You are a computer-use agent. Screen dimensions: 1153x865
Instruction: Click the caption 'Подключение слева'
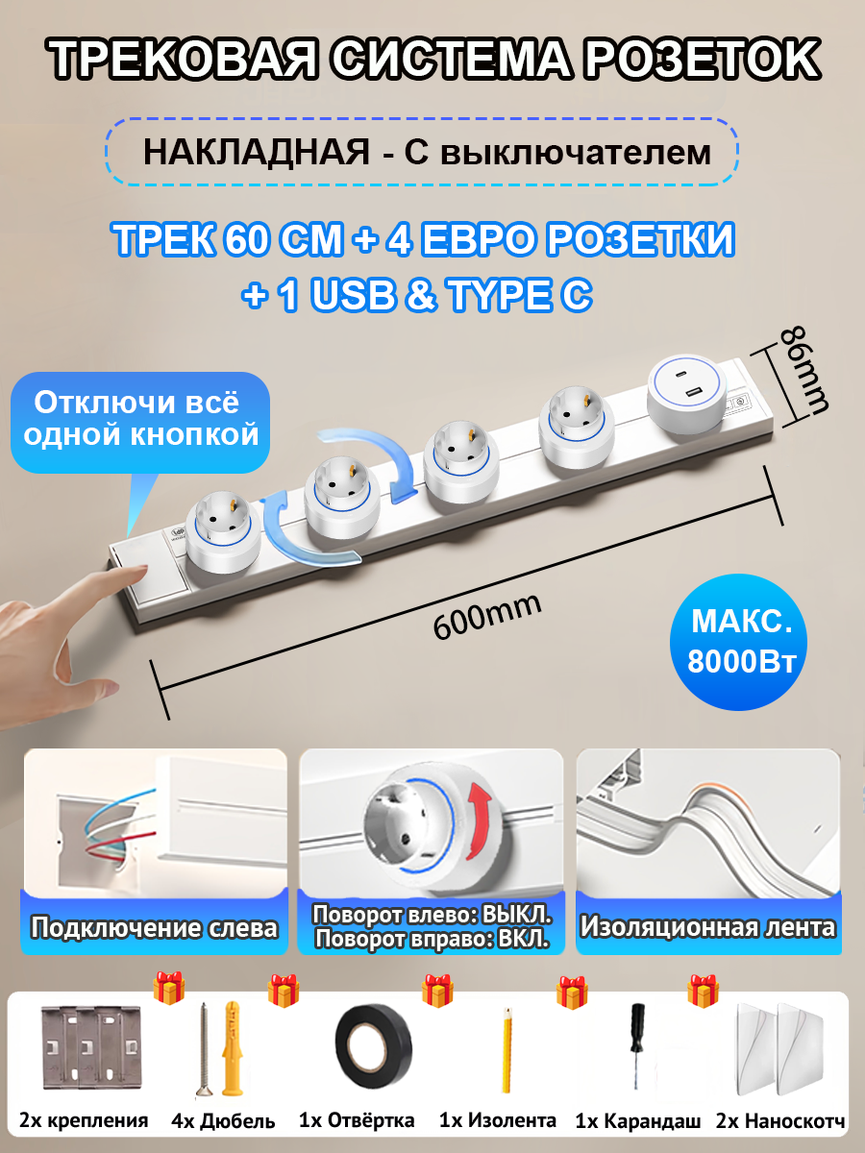click(155, 928)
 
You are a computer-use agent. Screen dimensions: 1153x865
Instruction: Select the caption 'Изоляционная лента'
click(708, 928)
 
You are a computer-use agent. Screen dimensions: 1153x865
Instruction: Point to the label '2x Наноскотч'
click(780, 1120)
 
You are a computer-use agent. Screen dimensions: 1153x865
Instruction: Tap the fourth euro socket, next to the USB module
click(575, 427)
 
